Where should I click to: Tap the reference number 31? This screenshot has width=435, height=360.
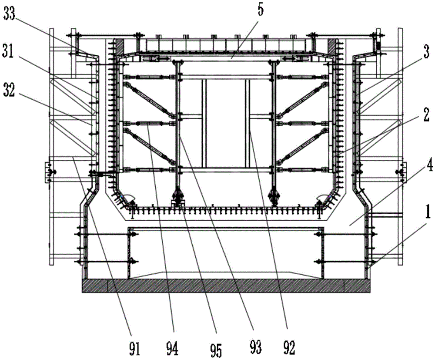click(8, 52)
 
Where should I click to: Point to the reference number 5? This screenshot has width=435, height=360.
click(260, 10)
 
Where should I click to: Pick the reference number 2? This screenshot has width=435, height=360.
click(426, 115)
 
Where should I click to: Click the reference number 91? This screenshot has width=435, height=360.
click(135, 349)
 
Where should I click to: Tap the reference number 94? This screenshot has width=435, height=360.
click(173, 348)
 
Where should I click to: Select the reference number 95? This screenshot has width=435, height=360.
click(216, 350)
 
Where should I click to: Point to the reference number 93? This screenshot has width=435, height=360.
click(255, 347)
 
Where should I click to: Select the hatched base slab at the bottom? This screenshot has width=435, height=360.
click(226, 286)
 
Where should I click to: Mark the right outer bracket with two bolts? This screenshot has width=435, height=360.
click(402, 172)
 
